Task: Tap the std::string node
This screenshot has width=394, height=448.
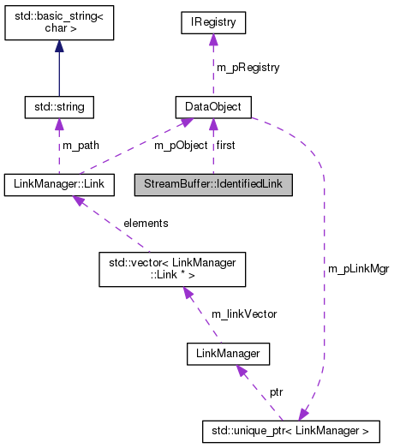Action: pos(59,107)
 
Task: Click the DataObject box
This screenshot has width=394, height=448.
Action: pos(213,107)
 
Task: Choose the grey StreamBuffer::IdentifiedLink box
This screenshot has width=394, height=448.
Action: pos(213,183)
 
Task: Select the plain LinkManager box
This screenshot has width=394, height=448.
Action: pos(228,352)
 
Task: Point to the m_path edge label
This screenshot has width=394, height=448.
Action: pos(81,146)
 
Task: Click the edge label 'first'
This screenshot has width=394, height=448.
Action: pos(225,146)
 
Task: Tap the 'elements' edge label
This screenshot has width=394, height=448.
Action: pos(146,223)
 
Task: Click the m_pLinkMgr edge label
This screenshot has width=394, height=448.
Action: pos(358,268)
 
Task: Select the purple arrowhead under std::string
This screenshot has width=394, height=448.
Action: pos(59,125)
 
